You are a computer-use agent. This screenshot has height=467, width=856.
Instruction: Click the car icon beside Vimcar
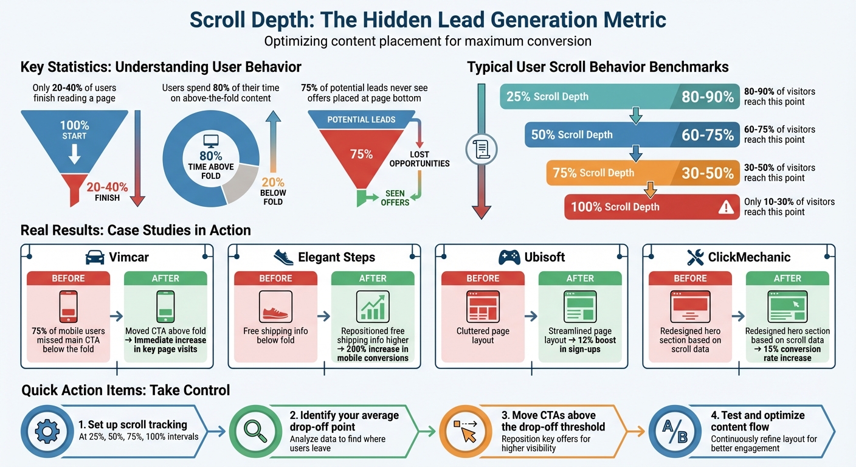coord(95,257)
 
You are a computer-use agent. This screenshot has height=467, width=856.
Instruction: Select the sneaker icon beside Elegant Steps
coord(284,257)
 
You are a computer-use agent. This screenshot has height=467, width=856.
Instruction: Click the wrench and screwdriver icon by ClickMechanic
coord(695,257)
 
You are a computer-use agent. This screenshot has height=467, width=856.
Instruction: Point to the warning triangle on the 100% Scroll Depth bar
coord(726,207)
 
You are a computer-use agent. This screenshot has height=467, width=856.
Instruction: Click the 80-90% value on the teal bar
coord(708,97)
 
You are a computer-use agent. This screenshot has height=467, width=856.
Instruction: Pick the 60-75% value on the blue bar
coord(708,135)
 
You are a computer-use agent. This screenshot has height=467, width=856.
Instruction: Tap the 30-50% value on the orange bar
coord(708,173)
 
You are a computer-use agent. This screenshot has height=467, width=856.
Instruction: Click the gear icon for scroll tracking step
coord(46,431)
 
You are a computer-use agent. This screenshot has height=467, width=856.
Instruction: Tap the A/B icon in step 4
coord(674,431)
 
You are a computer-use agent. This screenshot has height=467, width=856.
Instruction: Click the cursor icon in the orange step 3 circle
coord(466,432)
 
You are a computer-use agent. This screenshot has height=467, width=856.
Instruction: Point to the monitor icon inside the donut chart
coord(211,141)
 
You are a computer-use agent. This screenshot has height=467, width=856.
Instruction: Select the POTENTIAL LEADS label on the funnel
coord(361,120)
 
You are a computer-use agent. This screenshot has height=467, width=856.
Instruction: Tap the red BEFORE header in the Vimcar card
coord(69,278)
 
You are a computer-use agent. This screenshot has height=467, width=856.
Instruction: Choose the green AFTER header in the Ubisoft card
coord(580,278)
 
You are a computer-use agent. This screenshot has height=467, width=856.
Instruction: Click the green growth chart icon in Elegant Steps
coord(373,306)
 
